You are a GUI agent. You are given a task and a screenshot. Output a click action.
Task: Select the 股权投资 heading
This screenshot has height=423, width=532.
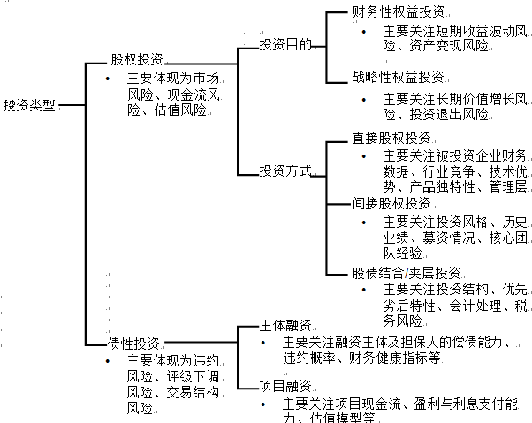click(136, 60)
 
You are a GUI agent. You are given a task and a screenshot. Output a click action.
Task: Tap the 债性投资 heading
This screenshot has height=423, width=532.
click(133, 343)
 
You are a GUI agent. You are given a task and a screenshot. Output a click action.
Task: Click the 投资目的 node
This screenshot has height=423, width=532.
click(285, 44)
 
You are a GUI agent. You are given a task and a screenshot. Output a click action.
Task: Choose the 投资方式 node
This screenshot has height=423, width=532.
click(285, 170)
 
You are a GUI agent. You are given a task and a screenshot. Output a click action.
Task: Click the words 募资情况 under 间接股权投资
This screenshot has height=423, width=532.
click(448, 237)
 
